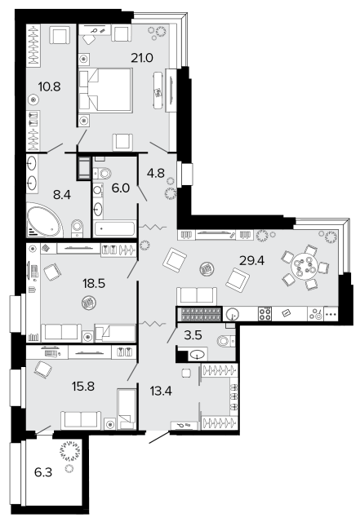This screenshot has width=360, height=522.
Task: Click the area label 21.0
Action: [x=142, y=58]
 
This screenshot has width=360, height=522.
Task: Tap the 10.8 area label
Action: [x=49, y=87]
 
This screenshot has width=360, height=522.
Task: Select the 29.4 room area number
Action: [x=252, y=261]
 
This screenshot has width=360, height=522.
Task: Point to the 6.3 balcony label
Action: [x=43, y=472]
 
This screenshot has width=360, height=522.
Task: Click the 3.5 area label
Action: [x=193, y=335]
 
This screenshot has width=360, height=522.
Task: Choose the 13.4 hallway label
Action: [x=161, y=391]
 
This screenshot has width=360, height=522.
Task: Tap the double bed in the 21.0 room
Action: [x=105, y=90]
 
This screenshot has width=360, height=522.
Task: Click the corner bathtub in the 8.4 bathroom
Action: [x=44, y=220]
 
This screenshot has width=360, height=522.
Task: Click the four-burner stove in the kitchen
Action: [x=265, y=313]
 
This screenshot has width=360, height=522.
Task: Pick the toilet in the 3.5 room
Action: [x=225, y=341]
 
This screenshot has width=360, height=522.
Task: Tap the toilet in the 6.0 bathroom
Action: [x=103, y=173]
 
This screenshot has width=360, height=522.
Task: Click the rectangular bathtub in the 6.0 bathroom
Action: [x=114, y=228]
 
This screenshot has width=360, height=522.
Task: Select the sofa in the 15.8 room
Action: [x=81, y=420]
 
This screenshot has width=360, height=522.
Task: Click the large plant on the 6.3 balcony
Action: [x=70, y=451]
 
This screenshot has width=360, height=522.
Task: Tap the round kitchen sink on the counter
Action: [x=233, y=314]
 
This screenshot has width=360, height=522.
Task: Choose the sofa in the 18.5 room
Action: [x=61, y=332]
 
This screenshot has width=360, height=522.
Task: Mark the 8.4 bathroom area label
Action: [x=62, y=195]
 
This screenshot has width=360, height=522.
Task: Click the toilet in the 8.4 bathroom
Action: [x=77, y=228]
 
